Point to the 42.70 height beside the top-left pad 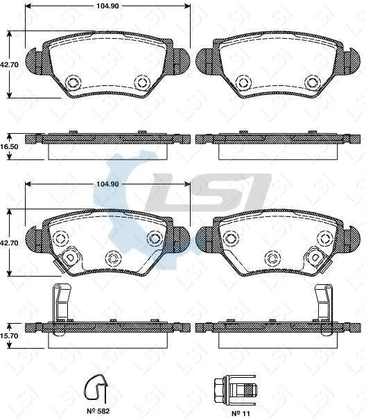pos(8,64)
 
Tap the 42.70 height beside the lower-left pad pos(8,243)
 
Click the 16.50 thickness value pos(8,148)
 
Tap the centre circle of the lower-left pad pos(112,259)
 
